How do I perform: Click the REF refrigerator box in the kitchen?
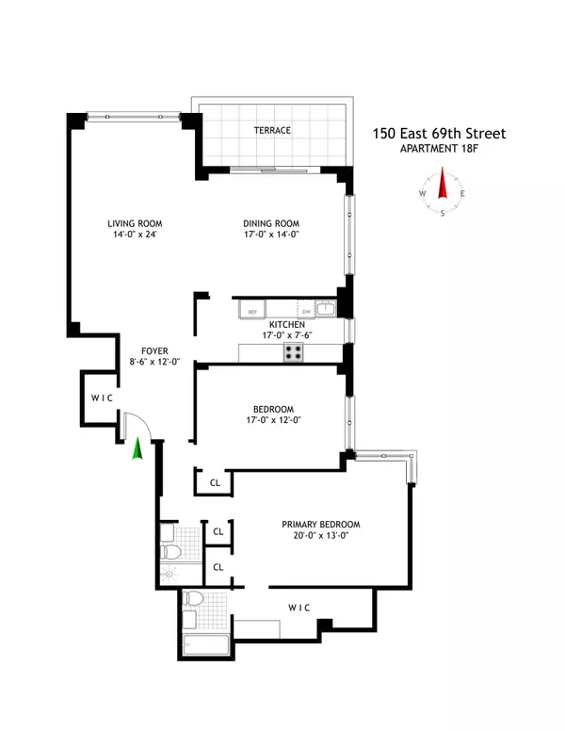252,310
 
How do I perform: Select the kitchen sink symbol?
324,308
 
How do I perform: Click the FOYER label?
154,350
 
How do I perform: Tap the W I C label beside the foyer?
103,398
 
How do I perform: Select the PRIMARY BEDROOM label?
321,525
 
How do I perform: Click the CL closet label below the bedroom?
215,483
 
